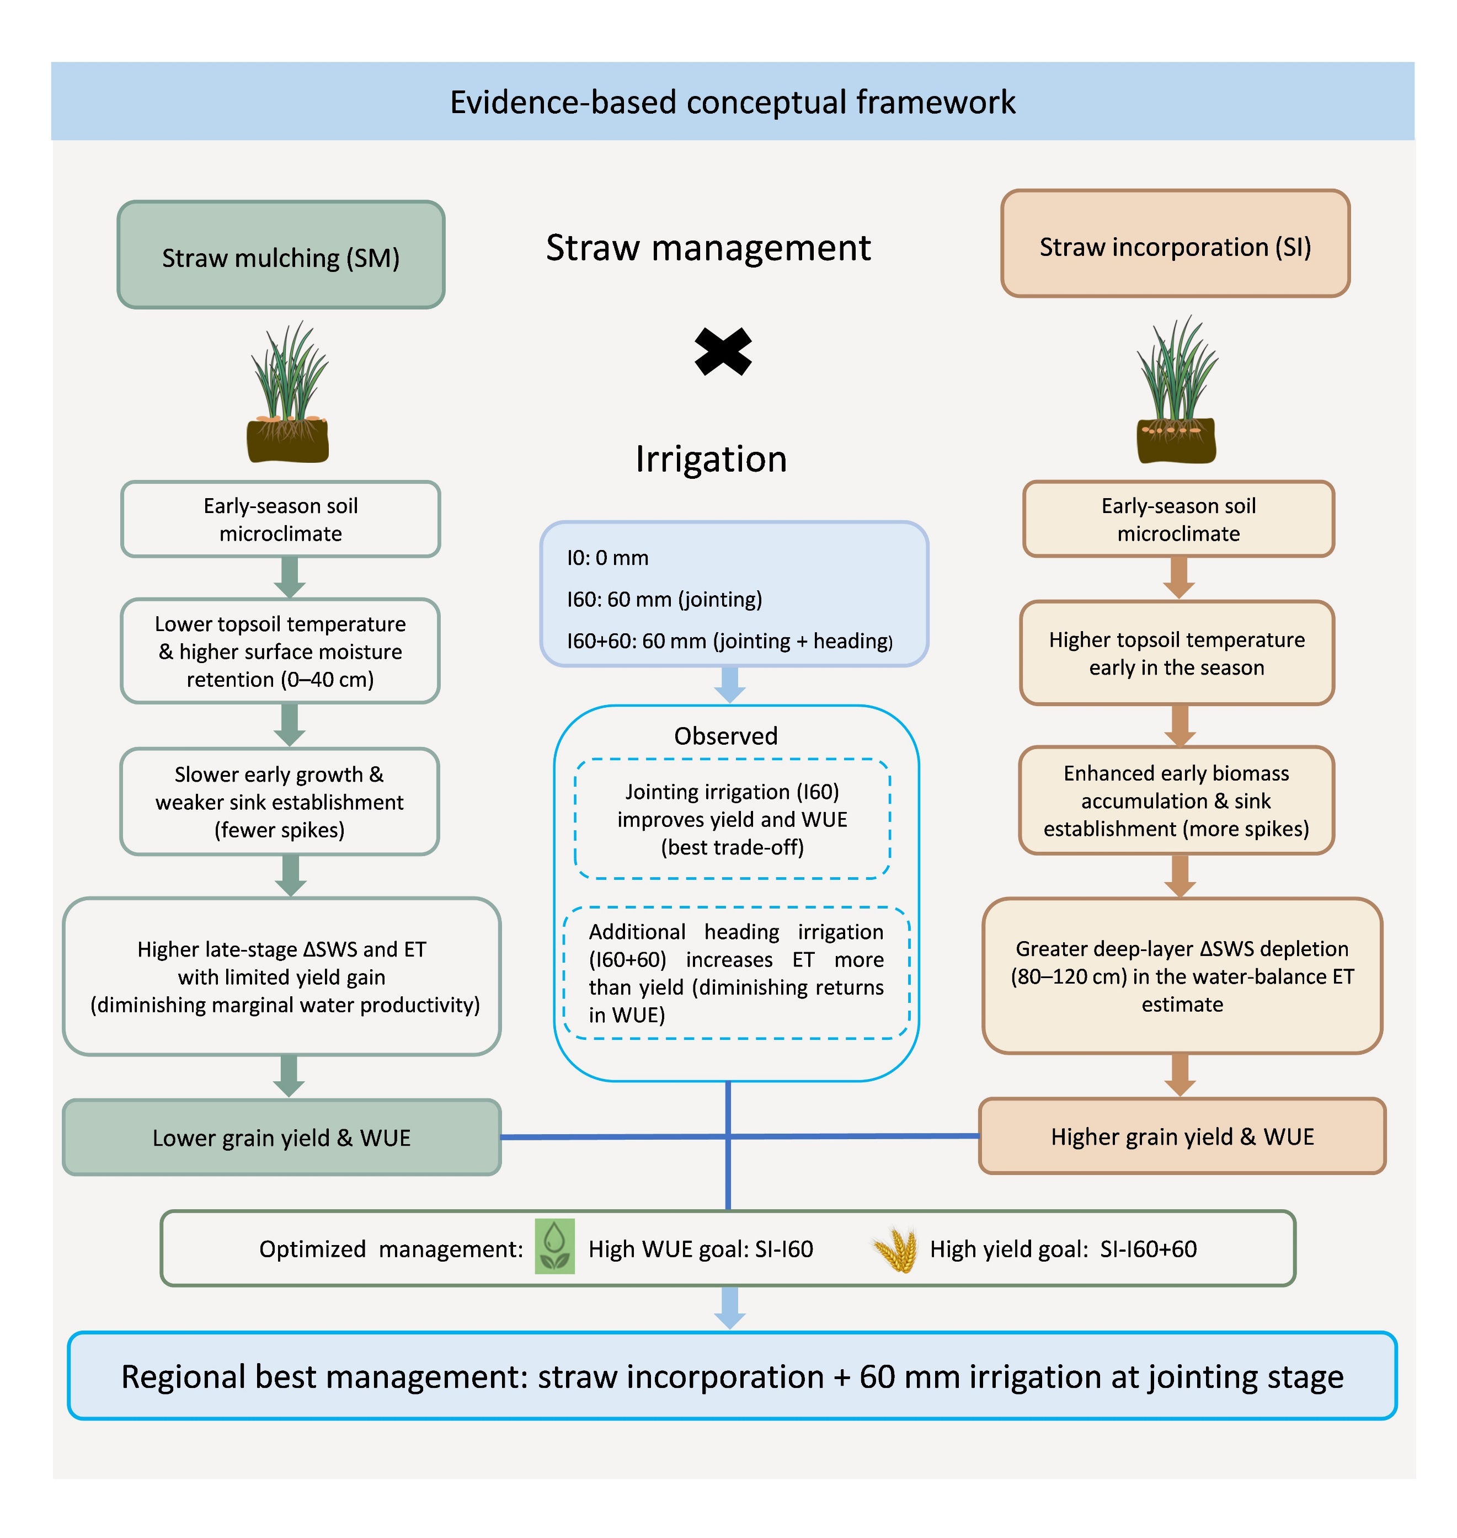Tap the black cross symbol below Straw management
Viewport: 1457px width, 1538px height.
pos(723,351)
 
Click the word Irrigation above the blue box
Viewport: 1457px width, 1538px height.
pos(711,459)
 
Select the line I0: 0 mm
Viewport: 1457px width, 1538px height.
pos(607,558)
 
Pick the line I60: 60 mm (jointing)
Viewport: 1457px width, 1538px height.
pos(664,599)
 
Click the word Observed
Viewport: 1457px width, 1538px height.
pos(725,735)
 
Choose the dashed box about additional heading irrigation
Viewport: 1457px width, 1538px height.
pos(735,973)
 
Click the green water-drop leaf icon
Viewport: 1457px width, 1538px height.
pos(554,1246)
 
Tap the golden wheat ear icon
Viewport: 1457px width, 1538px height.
pos(895,1248)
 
